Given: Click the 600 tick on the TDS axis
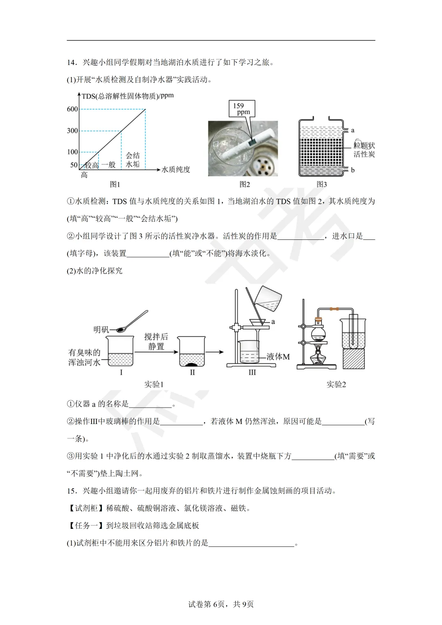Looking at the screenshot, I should [72, 109].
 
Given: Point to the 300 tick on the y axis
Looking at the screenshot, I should [72, 131].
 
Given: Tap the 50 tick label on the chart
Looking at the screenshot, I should [74, 165].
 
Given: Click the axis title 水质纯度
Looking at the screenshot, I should [176, 169].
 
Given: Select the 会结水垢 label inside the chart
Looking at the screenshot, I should [133, 160].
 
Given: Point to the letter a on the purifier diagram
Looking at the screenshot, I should [353, 130].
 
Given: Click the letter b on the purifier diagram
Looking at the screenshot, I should [353, 170].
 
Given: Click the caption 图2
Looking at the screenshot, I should [244, 185].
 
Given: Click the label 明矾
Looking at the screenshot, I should [101, 329].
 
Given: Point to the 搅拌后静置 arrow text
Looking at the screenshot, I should [156, 341].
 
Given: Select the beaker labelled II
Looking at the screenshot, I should [192, 352].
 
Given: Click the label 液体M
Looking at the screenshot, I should [278, 357].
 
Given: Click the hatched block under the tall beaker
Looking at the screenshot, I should [353, 359].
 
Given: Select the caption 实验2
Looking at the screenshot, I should [336, 384].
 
